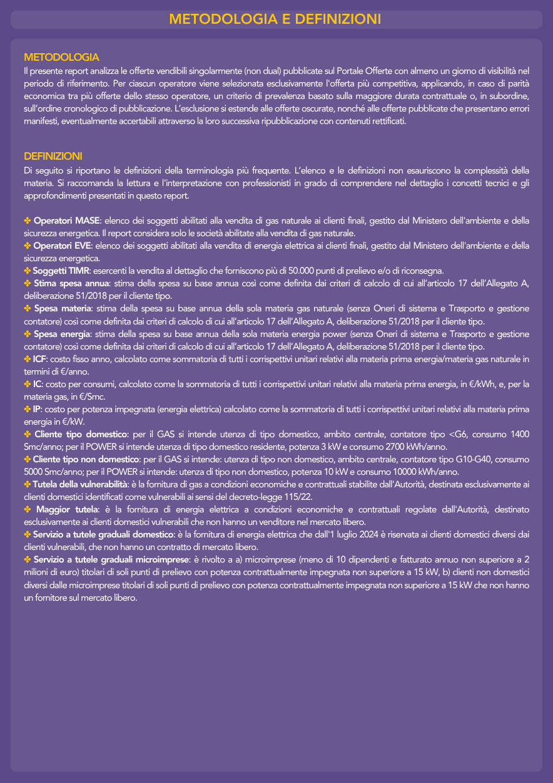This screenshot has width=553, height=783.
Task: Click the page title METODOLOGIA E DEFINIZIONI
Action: point(276,19)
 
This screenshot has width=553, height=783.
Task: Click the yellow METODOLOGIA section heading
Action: point(61,57)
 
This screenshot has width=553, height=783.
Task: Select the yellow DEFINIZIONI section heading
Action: point(53,155)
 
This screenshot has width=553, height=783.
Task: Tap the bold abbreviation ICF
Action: point(40,358)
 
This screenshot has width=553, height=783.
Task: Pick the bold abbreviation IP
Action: point(37,408)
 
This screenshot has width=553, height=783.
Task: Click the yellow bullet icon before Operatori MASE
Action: point(28,220)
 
